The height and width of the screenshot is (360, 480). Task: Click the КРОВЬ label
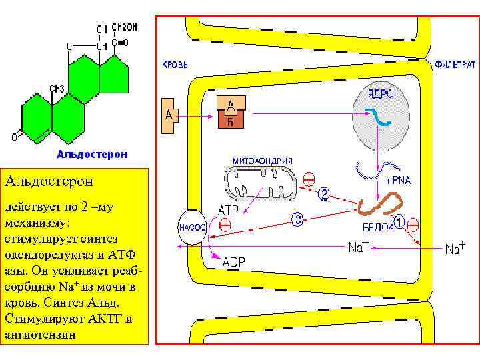[175, 65]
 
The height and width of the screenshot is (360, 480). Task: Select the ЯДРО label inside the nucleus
[381, 94]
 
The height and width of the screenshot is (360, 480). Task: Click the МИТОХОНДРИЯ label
[263, 161]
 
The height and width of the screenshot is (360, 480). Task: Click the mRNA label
[397, 180]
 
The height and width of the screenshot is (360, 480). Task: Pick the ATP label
[227, 209]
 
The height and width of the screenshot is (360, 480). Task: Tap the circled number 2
[324, 194]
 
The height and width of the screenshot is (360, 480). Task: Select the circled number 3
[298, 219]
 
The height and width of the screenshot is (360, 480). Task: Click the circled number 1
[399, 221]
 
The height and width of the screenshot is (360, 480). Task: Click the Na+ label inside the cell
[358, 247]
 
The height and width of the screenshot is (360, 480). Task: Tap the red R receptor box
[231, 121]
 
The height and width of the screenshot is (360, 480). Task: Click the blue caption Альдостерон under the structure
[91, 154]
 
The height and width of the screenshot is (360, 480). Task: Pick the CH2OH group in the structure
[125, 27]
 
